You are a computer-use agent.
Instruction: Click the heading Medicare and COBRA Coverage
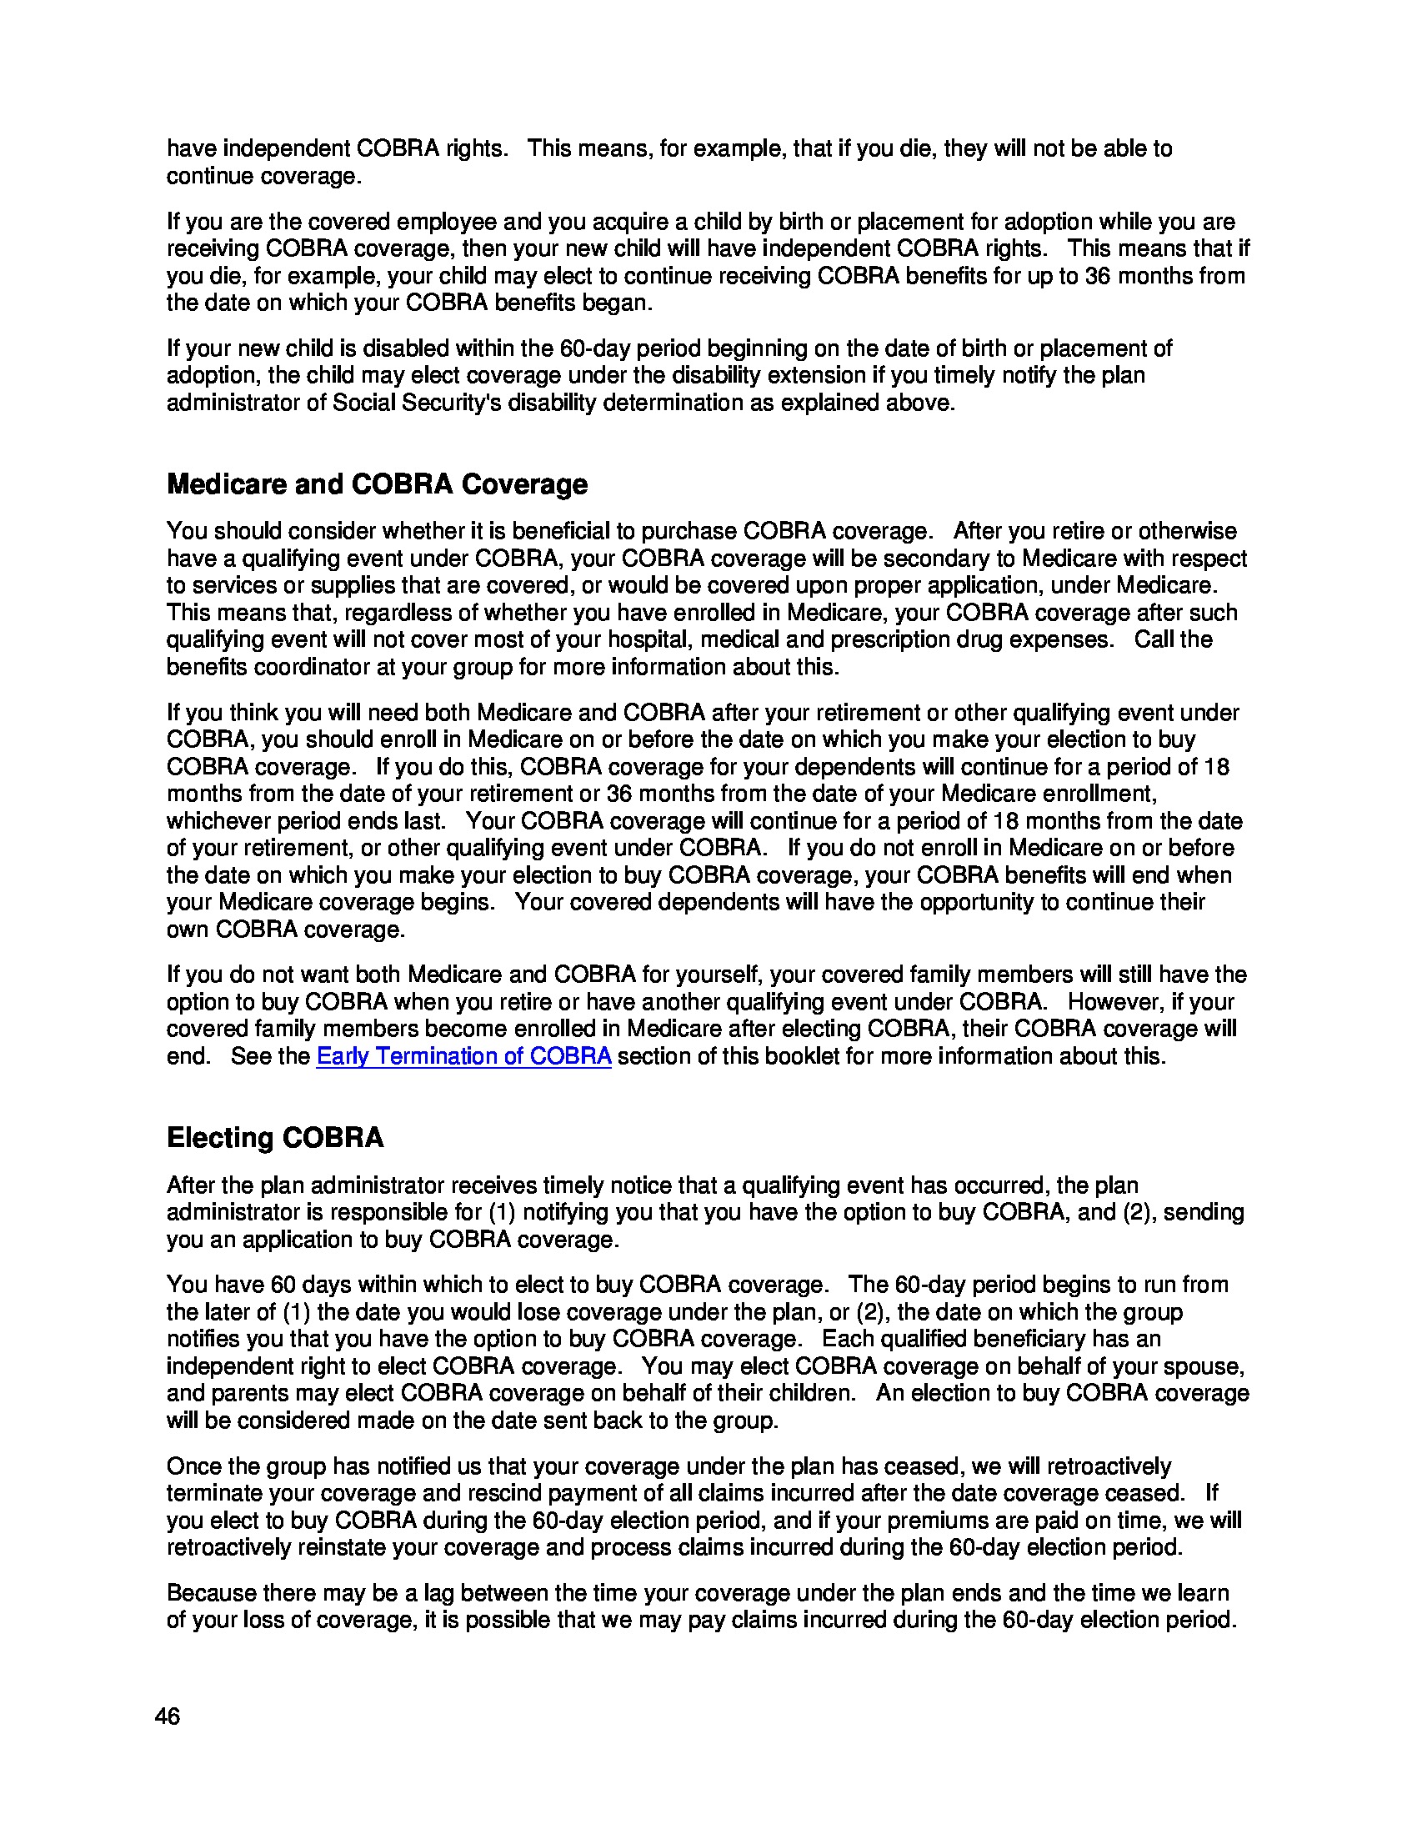pyautogui.click(x=377, y=484)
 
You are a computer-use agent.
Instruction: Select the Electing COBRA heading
pyautogui.click(x=274, y=1138)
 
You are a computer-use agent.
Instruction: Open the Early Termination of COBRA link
pyautogui.click(x=463, y=1056)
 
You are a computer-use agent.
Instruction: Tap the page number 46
pyautogui.click(x=167, y=1716)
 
